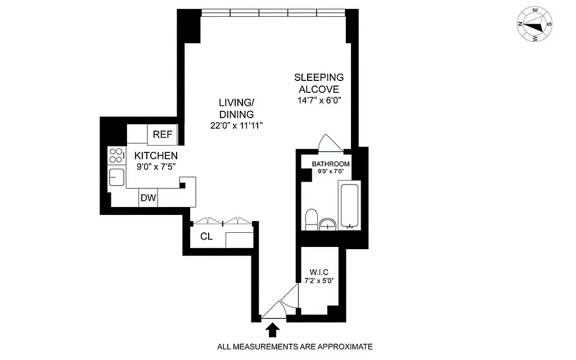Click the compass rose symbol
tap(534, 25)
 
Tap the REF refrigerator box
tap(163, 134)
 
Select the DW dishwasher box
tap(148, 198)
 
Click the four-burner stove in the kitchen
tap(117, 155)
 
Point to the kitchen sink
tap(117, 178)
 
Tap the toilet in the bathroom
tap(310, 219)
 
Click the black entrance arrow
tap(272, 329)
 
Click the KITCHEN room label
tap(156, 156)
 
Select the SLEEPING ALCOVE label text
tap(319, 83)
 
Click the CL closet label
tap(206, 236)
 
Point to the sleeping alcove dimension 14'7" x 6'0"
tap(319, 100)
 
